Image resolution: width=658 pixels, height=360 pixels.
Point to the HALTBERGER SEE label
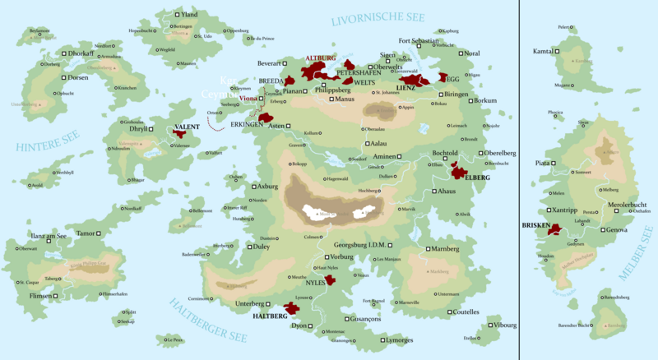pyautogui.click(x=208, y=321)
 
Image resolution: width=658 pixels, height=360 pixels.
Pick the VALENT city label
pyautogui.click(x=187, y=127)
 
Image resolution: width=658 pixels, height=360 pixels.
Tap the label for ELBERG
pyautogui.click(x=477, y=178)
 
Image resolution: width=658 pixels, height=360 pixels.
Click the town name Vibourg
pyautogui.click(x=505, y=325)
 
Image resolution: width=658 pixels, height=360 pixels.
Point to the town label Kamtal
pyautogui.click(x=543, y=52)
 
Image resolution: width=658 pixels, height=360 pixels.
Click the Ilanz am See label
pyautogui.click(x=49, y=236)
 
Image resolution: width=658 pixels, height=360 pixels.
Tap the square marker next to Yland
pyautogui.click(x=178, y=15)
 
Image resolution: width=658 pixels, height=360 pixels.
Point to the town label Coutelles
pyautogui.click(x=466, y=312)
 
